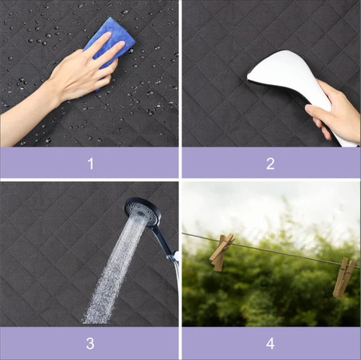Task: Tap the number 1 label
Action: [91, 164]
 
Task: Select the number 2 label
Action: [270, 164]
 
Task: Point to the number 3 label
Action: [90, 343]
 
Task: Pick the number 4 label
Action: [270, 343]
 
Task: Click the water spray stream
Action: [115, 267]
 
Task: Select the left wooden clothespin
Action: [221, 252]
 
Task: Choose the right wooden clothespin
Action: [343, 278]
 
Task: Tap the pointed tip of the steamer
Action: [248, 78]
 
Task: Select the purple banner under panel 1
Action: [89, 163]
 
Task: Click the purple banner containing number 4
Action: [271, 343]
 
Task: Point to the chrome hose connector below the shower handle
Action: [173, 257]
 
